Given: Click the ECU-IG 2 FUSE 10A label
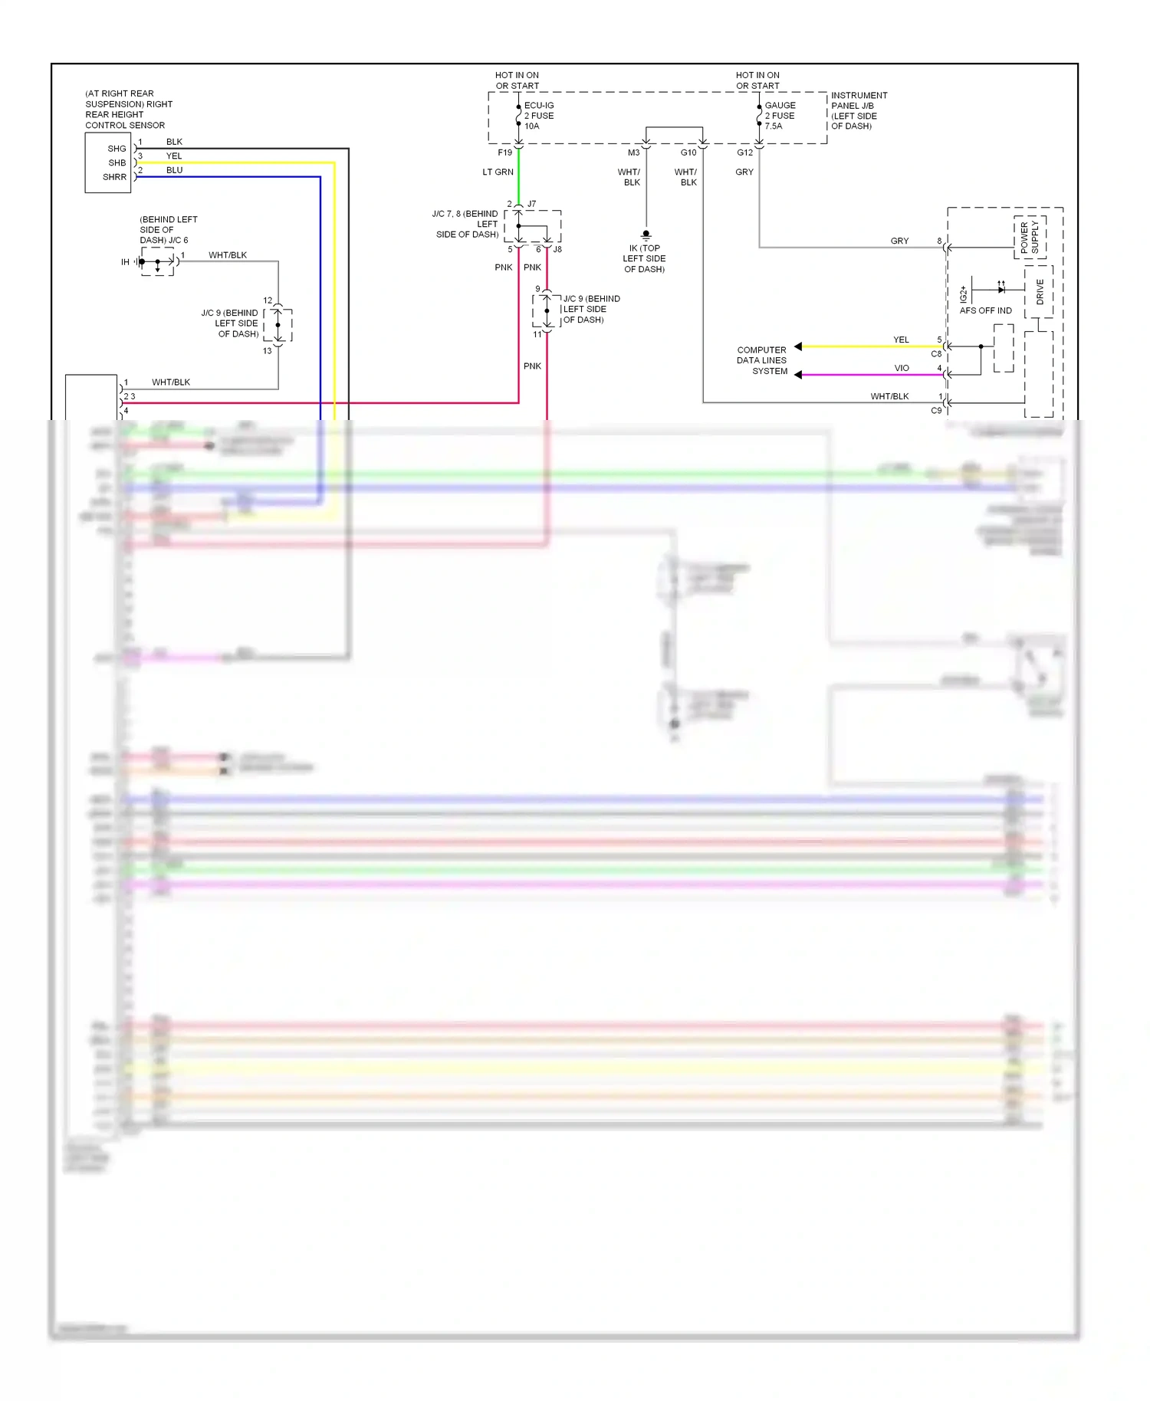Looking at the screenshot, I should pos(539,116).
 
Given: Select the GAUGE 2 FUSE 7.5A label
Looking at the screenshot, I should pos(780,116).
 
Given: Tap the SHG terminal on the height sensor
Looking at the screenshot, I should pos(117,149).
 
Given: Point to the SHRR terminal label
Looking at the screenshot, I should pos(114,177).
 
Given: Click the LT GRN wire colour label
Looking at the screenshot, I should pos(498,172).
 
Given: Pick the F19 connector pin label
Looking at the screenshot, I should pos(504,153).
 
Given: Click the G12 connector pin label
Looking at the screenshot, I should pos(744,153).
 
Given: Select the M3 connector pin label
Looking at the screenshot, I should pos(633,153).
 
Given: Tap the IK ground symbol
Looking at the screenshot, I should pos(646,235).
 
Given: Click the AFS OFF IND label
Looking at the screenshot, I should pos(985,310).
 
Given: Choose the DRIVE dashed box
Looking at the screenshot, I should pos(1039,292).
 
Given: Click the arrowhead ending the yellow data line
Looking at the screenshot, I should pos(798,346).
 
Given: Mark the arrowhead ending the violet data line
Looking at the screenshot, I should pos(798,375).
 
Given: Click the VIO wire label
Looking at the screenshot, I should pos(902,368).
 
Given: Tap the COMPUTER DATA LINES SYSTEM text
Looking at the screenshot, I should pos(762,360).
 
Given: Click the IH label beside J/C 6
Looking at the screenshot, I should pos(125,262).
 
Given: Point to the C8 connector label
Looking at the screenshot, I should pos(936,354).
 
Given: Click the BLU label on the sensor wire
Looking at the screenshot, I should pos(174,170).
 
